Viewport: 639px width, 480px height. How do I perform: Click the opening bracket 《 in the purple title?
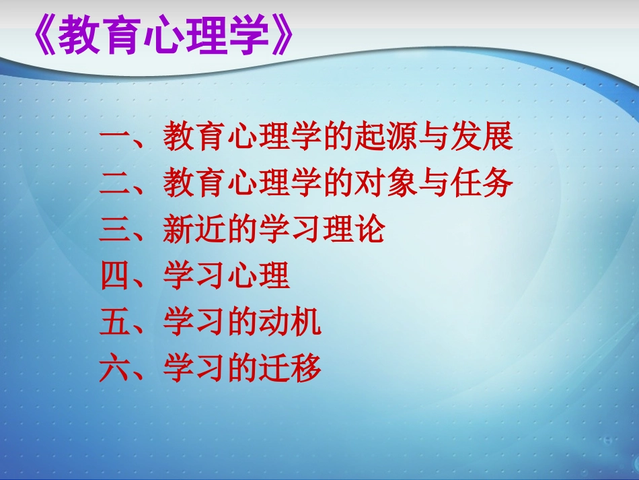click(x=42, y=34)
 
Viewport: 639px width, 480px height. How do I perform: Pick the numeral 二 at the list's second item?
click(x=116, y=183)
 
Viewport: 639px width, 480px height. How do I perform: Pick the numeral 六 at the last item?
click(x=116, y=370)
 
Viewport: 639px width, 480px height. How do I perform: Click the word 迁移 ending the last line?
click(x=290, y=370)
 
